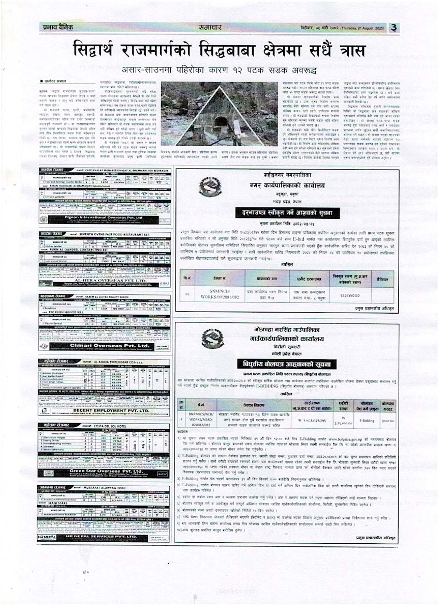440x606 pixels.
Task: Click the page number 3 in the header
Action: [x=394, y=27]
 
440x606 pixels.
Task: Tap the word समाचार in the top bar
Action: [x=211, y=28]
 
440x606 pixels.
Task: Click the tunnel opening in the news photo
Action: [x=221, y=123]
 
